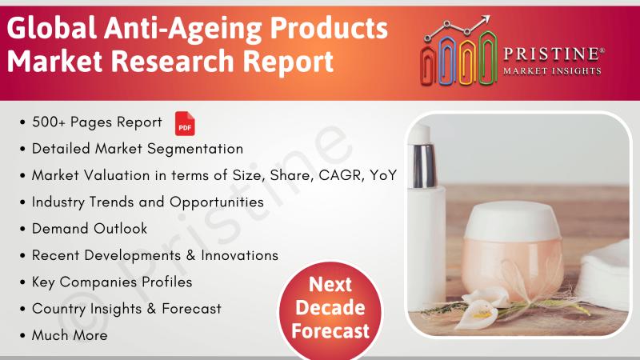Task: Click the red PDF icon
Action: [x=185, y=124]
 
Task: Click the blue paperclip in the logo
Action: [x=447, y=61]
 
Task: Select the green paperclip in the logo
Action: [x=488, y=58]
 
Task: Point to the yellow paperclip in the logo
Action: [x=467, y=62]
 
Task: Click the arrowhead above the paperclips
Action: [x=485, y=21]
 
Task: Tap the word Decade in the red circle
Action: [x=330, y=308]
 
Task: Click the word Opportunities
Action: [x=217, y=202]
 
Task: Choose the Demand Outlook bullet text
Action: [x=90, y=229]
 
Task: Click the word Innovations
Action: [x=239, y=255]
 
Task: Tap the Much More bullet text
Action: [x=70, y=335]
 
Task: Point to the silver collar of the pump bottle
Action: [x=423, y=166]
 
